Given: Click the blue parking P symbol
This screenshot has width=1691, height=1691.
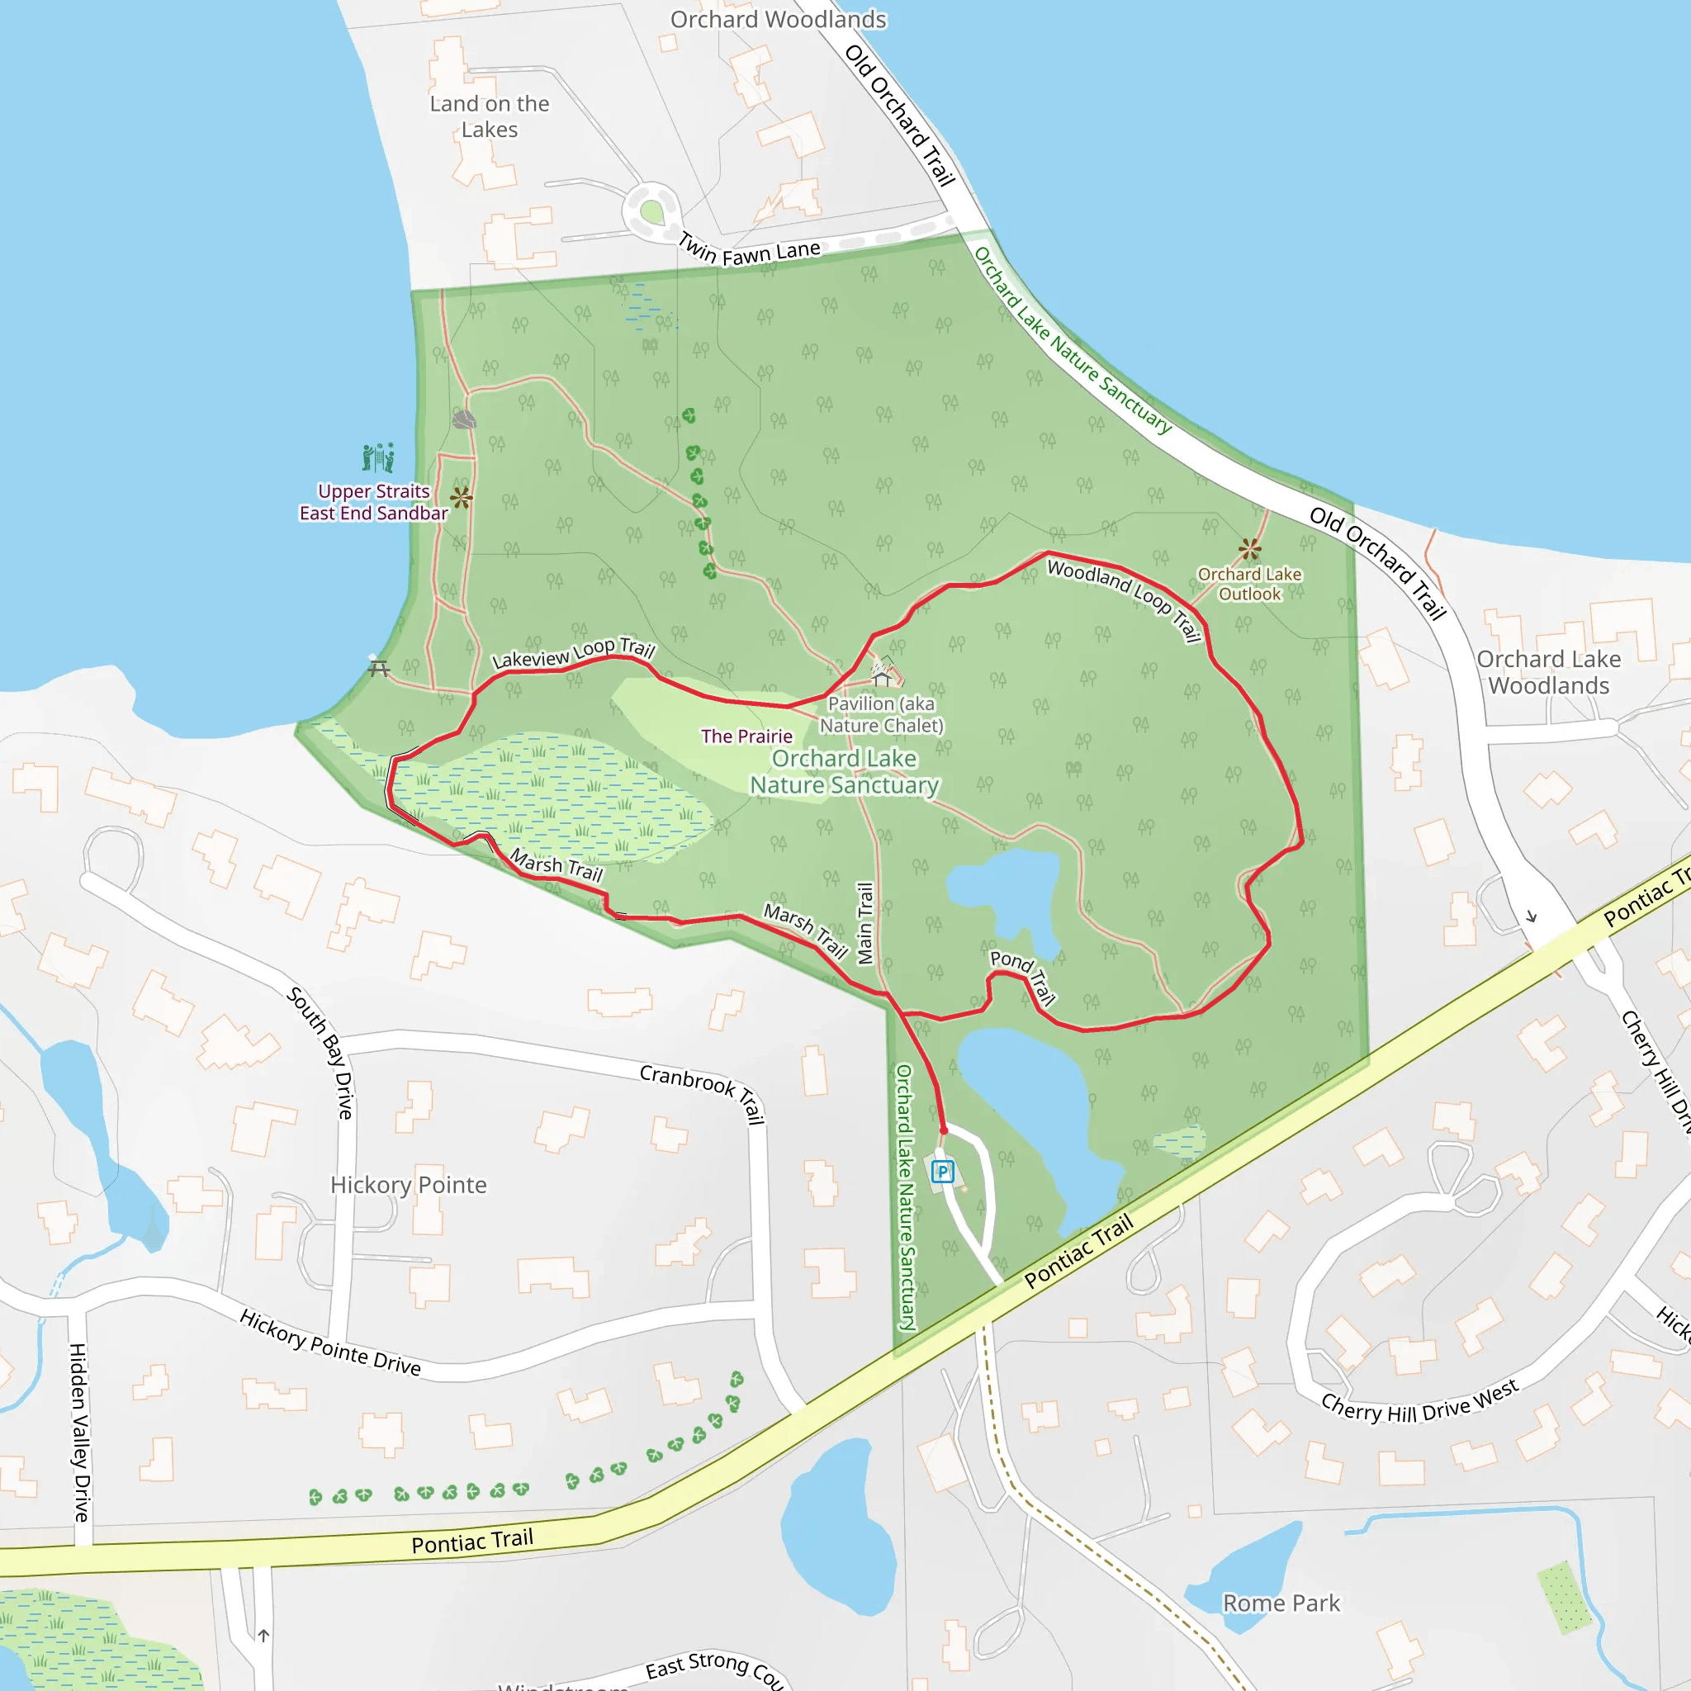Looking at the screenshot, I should point(943,1171).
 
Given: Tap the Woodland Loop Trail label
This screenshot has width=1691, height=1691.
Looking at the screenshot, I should point(1124,599).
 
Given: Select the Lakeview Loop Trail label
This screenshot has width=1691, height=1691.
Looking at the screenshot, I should point(573,654).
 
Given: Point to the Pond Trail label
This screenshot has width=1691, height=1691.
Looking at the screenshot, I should point(1023,976).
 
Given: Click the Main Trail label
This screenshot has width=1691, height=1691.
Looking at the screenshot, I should point(864,922).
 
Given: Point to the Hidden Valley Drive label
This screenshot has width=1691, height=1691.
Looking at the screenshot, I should point(78,1432).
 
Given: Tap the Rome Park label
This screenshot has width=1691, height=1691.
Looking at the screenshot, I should point(1281,1603).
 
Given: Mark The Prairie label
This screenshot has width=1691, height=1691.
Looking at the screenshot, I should point(746,736).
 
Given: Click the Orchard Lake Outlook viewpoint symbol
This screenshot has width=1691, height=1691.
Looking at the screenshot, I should point(1250,550).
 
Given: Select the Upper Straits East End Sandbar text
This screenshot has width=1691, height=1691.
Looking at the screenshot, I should point(374,502).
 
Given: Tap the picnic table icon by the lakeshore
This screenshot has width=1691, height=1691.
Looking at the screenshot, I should point(379,667).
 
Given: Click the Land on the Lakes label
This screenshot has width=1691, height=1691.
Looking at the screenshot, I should point(490,116).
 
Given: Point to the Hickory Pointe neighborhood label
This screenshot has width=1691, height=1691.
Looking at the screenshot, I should point(408,1184).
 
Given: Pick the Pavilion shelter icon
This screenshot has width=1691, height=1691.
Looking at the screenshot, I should point(881,677).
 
